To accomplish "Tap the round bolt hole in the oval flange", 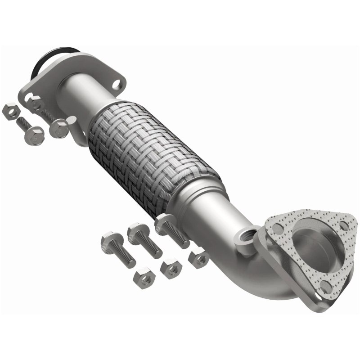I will coord(117,83).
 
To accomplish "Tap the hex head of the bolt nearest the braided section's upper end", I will coord(59,128).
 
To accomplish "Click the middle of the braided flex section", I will coord(153,155).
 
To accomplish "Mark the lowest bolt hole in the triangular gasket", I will coord(324,284).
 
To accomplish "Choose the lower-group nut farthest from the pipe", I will coord(144,280).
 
